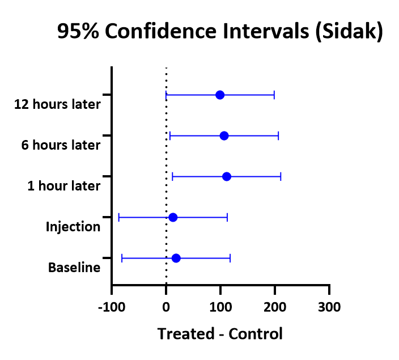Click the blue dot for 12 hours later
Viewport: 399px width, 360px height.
[220, 95]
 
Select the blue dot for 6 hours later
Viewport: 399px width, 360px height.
[224, 135]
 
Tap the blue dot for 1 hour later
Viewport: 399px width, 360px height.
[227, 176]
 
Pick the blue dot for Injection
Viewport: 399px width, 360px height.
[173, 217]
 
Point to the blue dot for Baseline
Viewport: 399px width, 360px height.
[176, 258]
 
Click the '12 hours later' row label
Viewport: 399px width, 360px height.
[57, 104]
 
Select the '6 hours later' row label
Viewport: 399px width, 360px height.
[61, 145]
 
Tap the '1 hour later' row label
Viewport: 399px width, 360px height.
[63, 186]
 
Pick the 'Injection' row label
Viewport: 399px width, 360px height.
[73, 227]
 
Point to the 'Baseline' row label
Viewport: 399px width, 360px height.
[74, 268]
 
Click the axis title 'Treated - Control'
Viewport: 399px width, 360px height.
[220, 333]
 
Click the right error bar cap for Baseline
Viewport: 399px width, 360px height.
[230, 258]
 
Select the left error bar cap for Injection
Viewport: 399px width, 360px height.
[118, 217]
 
